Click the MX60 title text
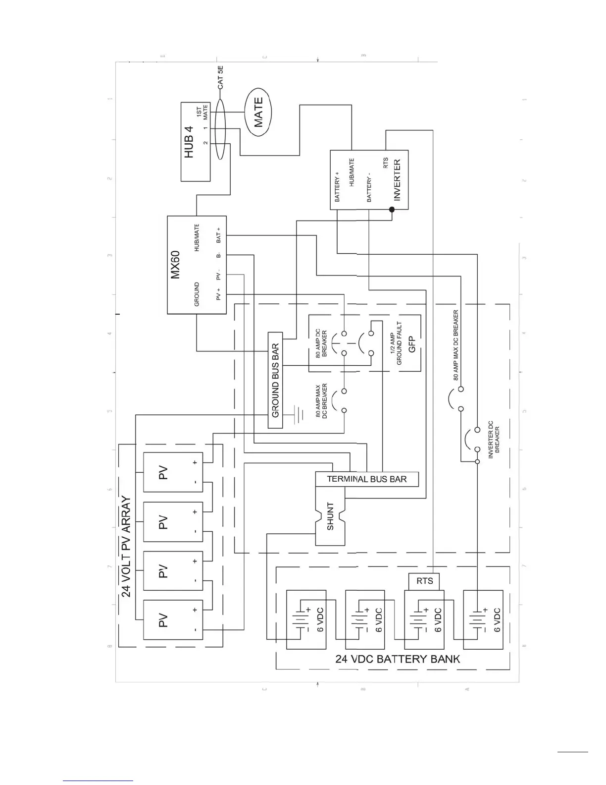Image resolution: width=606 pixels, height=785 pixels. tap(176, 265)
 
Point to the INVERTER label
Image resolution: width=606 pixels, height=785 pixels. tap(397, 179)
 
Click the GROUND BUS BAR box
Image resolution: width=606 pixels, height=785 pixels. tap(275, 380)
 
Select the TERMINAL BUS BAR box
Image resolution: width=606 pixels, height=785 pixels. tap(367, 479)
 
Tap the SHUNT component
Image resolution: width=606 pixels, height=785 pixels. tap(331, 516)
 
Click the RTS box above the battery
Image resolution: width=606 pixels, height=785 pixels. tap(424, 581)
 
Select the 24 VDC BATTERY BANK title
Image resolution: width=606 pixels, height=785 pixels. tap(398, 659)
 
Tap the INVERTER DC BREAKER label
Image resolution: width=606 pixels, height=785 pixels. tap(494, 440)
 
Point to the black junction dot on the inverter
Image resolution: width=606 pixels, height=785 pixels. tap(392, 210)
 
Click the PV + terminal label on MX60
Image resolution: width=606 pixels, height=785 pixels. tap(218, 294)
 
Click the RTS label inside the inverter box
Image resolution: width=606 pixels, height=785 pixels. tap(386, 164)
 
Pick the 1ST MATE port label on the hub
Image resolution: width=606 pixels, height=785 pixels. tap(202, 113)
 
